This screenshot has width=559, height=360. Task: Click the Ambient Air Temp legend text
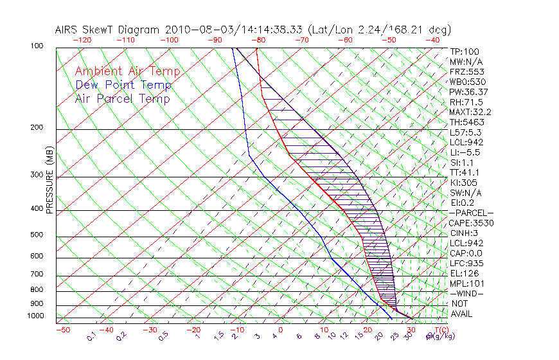click(127, 71)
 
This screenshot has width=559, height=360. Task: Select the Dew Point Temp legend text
click(123, 85)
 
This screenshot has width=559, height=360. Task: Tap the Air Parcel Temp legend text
click(123, 98)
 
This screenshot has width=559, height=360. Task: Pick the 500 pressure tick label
click(38, 235)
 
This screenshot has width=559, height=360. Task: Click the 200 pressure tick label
click(38, 128)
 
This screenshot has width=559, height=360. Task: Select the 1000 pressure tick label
click(36, 316)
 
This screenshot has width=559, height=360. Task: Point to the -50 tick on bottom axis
click(62, 330)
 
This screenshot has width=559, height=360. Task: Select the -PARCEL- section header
click(471, 213)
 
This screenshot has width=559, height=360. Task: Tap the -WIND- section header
click(466, 293)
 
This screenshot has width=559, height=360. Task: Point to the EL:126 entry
click(464, 273)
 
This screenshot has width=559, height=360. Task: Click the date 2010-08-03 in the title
click(197, 30)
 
